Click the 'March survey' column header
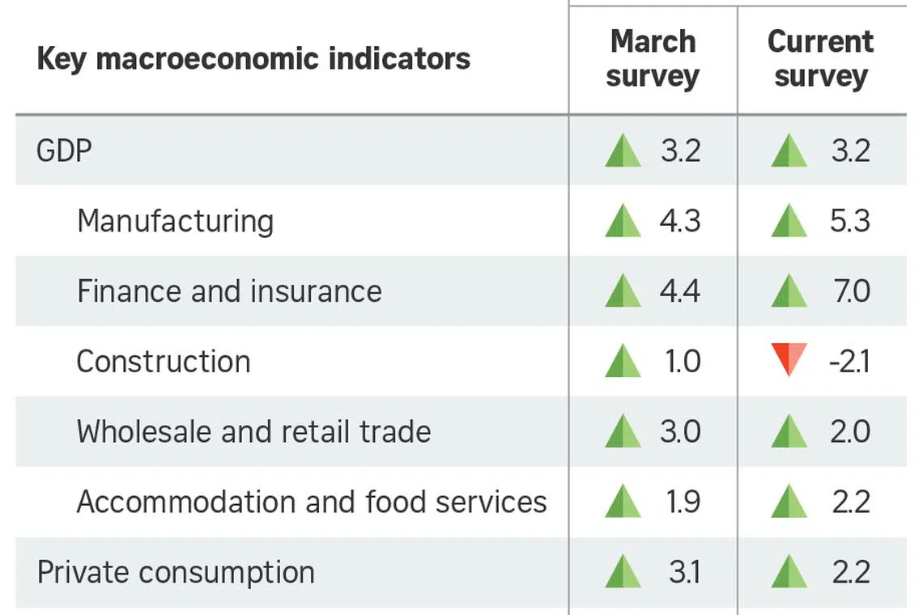653,59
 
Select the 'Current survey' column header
820,59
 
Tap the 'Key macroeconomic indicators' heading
253,59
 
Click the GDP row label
64,151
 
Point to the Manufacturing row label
176,221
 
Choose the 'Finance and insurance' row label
230,291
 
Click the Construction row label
164,362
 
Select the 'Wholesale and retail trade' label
253,431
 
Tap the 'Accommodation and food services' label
312,502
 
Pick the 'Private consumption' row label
176,573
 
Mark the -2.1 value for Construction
849,362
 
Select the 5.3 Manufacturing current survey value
850,221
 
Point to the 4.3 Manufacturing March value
680,221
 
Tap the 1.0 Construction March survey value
683,362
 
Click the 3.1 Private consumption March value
685,572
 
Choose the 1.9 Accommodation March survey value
683,502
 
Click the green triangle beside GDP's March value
623,151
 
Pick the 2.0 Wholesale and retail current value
851,431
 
